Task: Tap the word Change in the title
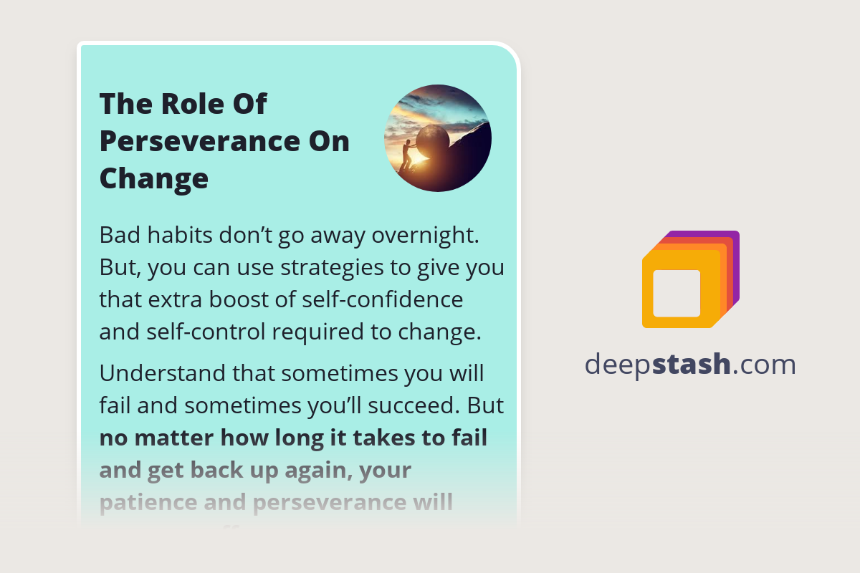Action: pyautogui.click(x=153, y=179)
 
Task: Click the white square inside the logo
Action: pyautogui.click(x=677, y=293)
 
